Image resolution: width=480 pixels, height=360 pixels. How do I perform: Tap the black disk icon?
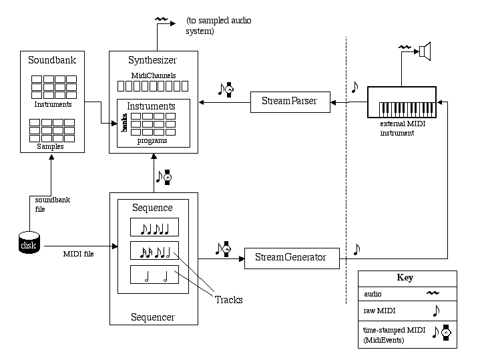[29, 244]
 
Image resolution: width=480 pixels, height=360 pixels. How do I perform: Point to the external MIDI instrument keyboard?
[401, 102]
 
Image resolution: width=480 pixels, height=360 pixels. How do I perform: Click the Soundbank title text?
[52, 61]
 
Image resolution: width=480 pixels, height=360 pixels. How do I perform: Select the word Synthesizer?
[153, 61]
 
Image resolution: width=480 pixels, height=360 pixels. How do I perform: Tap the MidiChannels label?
[153, 75]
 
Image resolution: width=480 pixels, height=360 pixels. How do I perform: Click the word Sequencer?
[153, 317]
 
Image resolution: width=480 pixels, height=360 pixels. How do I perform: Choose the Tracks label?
[228, 300]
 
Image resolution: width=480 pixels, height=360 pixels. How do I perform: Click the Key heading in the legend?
[405, 278]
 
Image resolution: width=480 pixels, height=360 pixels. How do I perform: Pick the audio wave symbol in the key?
[435, 293]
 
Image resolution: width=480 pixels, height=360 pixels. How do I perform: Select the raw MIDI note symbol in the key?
[436, 311]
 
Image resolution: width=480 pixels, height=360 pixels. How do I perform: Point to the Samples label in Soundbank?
[52, 146]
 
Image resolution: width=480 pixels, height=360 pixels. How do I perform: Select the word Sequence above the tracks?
[154, 208]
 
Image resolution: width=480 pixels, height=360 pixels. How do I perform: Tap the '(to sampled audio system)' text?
[212, 26]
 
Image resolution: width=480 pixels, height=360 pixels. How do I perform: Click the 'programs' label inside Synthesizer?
[152, 141]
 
